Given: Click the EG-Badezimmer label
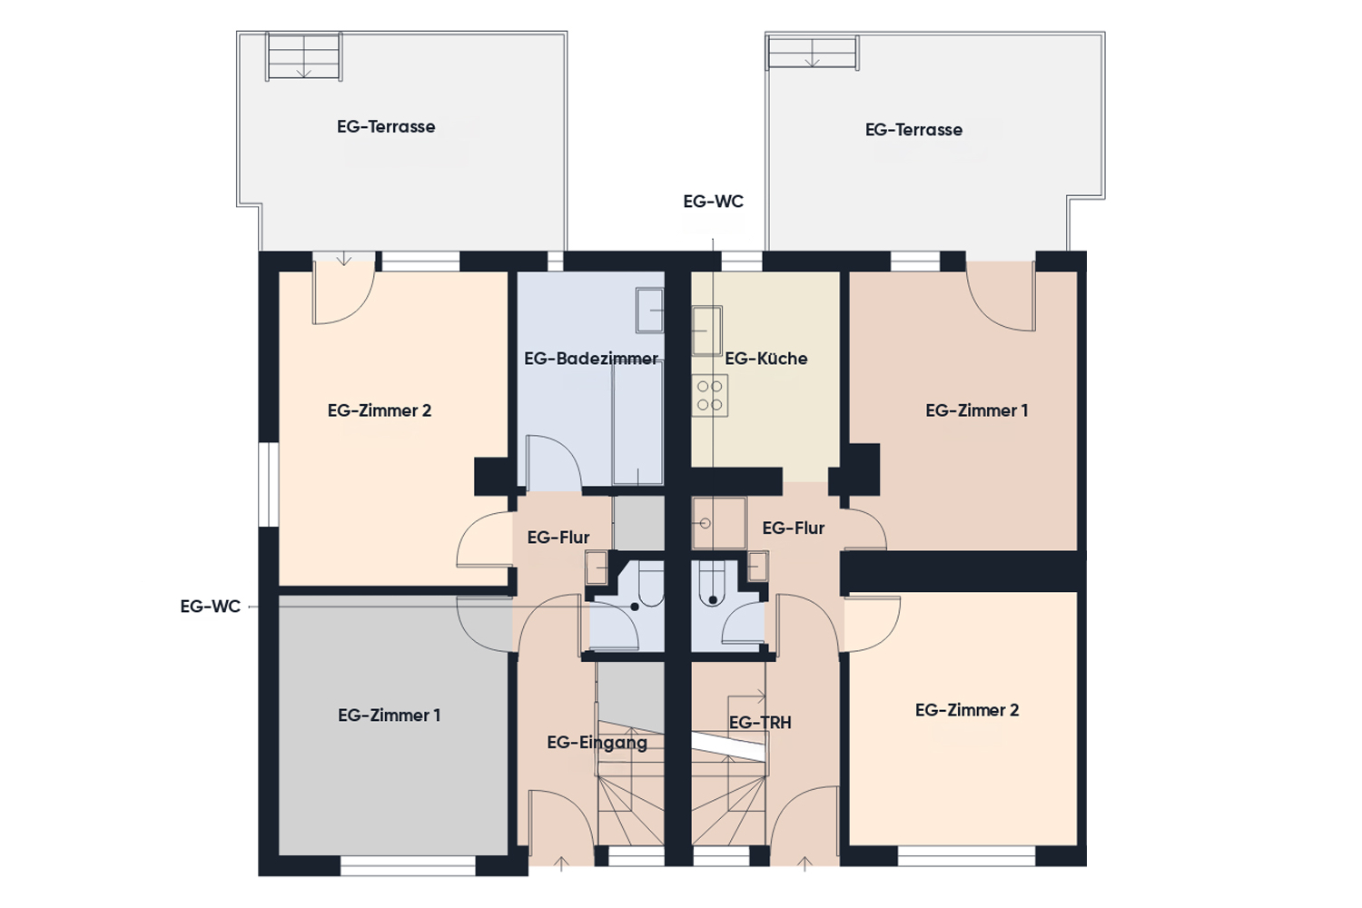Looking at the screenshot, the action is click(x=590, y=359).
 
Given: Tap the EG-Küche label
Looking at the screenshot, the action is click(x=766, y=359).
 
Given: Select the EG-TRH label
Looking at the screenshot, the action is click(x=760, y=723).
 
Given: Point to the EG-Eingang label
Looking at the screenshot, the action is click(x=597, y=743).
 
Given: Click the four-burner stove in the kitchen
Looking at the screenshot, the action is click(x=709, y=395).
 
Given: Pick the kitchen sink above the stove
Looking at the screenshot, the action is click(x=707, y=331).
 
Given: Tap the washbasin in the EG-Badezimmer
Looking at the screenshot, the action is click(x=649, y=311).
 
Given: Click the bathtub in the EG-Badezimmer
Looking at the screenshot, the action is click(x=637, y=423).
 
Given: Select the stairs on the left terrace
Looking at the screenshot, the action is click(x=304, y=56).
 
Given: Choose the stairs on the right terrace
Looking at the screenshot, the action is click(x=813, y=53).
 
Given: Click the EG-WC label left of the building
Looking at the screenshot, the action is click(x=211, y=607).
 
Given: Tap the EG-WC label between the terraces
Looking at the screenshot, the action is click(x=713, y=202).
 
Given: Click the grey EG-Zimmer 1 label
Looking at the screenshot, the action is click(x=390, y=716).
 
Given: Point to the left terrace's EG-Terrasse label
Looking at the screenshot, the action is click(x=386, y=126).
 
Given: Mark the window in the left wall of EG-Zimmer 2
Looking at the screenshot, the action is click(x=269, y=484).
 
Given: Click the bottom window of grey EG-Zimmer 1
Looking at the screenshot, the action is click(x=408, y=865).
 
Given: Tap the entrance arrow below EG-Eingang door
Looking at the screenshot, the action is click(x=561, y=864).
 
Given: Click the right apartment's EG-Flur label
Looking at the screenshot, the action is click(x=794, y=528).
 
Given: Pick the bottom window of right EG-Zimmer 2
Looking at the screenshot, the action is click(x=967, y=855).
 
